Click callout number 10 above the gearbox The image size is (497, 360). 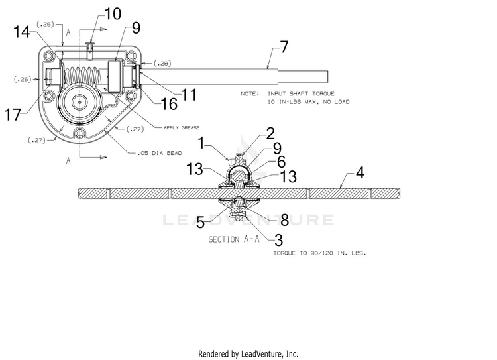tap(113, 14)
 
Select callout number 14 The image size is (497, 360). tap(22, 32)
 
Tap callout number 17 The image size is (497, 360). tap(13, 115)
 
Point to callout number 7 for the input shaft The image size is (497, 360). tap(284, 47)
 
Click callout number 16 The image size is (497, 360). tap(169, 104)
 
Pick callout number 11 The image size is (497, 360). tap(189, 95)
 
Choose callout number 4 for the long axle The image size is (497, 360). tap(360, 173)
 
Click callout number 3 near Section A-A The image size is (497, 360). tap(278, 240)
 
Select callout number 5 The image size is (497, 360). tap(200, 222)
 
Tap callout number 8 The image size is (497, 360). tap(285, 220)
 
